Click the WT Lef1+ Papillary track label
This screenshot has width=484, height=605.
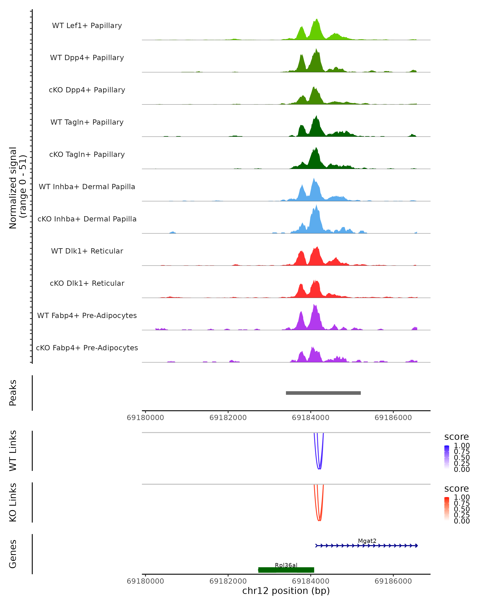coord(87,26)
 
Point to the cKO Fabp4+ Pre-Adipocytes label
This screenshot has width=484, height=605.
coord(87,348)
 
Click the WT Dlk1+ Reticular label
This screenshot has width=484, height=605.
coord(87,251)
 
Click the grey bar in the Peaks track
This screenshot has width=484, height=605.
coord(323,393)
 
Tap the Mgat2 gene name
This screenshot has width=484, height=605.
coord(367,541)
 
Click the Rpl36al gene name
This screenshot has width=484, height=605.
coord(286,565)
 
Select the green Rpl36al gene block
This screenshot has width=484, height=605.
coord(286,570)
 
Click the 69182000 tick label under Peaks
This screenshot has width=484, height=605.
coord(228,418)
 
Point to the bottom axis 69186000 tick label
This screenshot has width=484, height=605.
coord(393,581)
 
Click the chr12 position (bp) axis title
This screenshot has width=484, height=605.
coord(286,591)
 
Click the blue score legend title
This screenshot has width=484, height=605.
coord(457,437)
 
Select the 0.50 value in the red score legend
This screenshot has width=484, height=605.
coord(462,509)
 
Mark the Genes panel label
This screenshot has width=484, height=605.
coord(13,554)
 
